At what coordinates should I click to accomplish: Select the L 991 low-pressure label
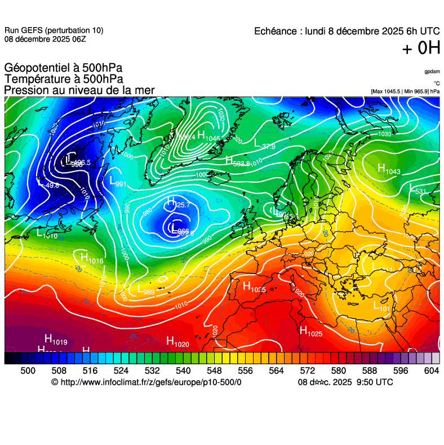[117, 182]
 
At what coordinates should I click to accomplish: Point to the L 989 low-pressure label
[146, 289]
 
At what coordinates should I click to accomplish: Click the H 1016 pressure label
[91, 259]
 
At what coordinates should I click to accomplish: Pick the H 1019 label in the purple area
[56, 339]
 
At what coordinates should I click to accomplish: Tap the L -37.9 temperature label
[264, 144]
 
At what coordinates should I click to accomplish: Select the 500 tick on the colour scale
[28, 371]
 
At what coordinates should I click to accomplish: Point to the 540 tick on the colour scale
[183, 371]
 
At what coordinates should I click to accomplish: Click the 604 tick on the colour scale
[432, 371]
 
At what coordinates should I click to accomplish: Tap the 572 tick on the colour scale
[307, 371]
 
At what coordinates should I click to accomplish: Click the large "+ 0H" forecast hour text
[421, 49]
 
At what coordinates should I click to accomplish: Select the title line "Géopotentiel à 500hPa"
[63, 68]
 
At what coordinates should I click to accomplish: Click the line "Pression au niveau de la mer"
[79, 90]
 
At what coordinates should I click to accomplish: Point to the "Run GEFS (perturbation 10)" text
[54, 30]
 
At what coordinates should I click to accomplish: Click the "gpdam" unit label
[432, 72]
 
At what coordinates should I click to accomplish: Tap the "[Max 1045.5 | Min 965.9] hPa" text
[405, 91]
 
